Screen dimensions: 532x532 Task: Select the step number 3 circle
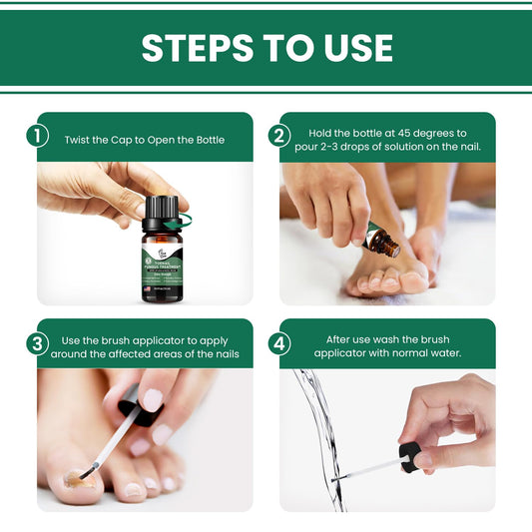coord(38,343)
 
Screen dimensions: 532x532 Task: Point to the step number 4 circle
coord(280,343)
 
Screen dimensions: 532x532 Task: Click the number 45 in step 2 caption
coord(398,132)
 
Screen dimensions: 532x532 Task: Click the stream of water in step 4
coord(319,429)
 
